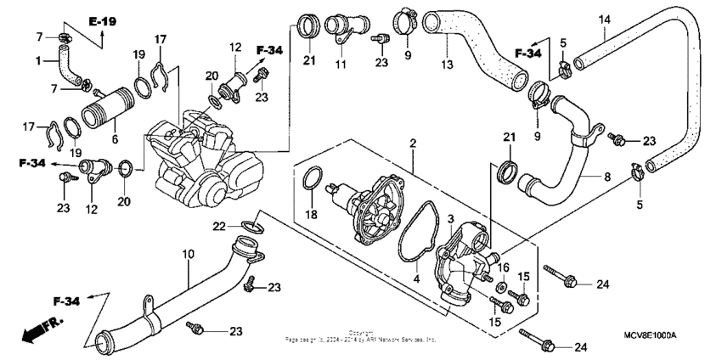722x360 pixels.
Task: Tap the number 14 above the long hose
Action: (x=604, y=20)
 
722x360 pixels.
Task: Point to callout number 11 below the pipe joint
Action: (x=341, y=65)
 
